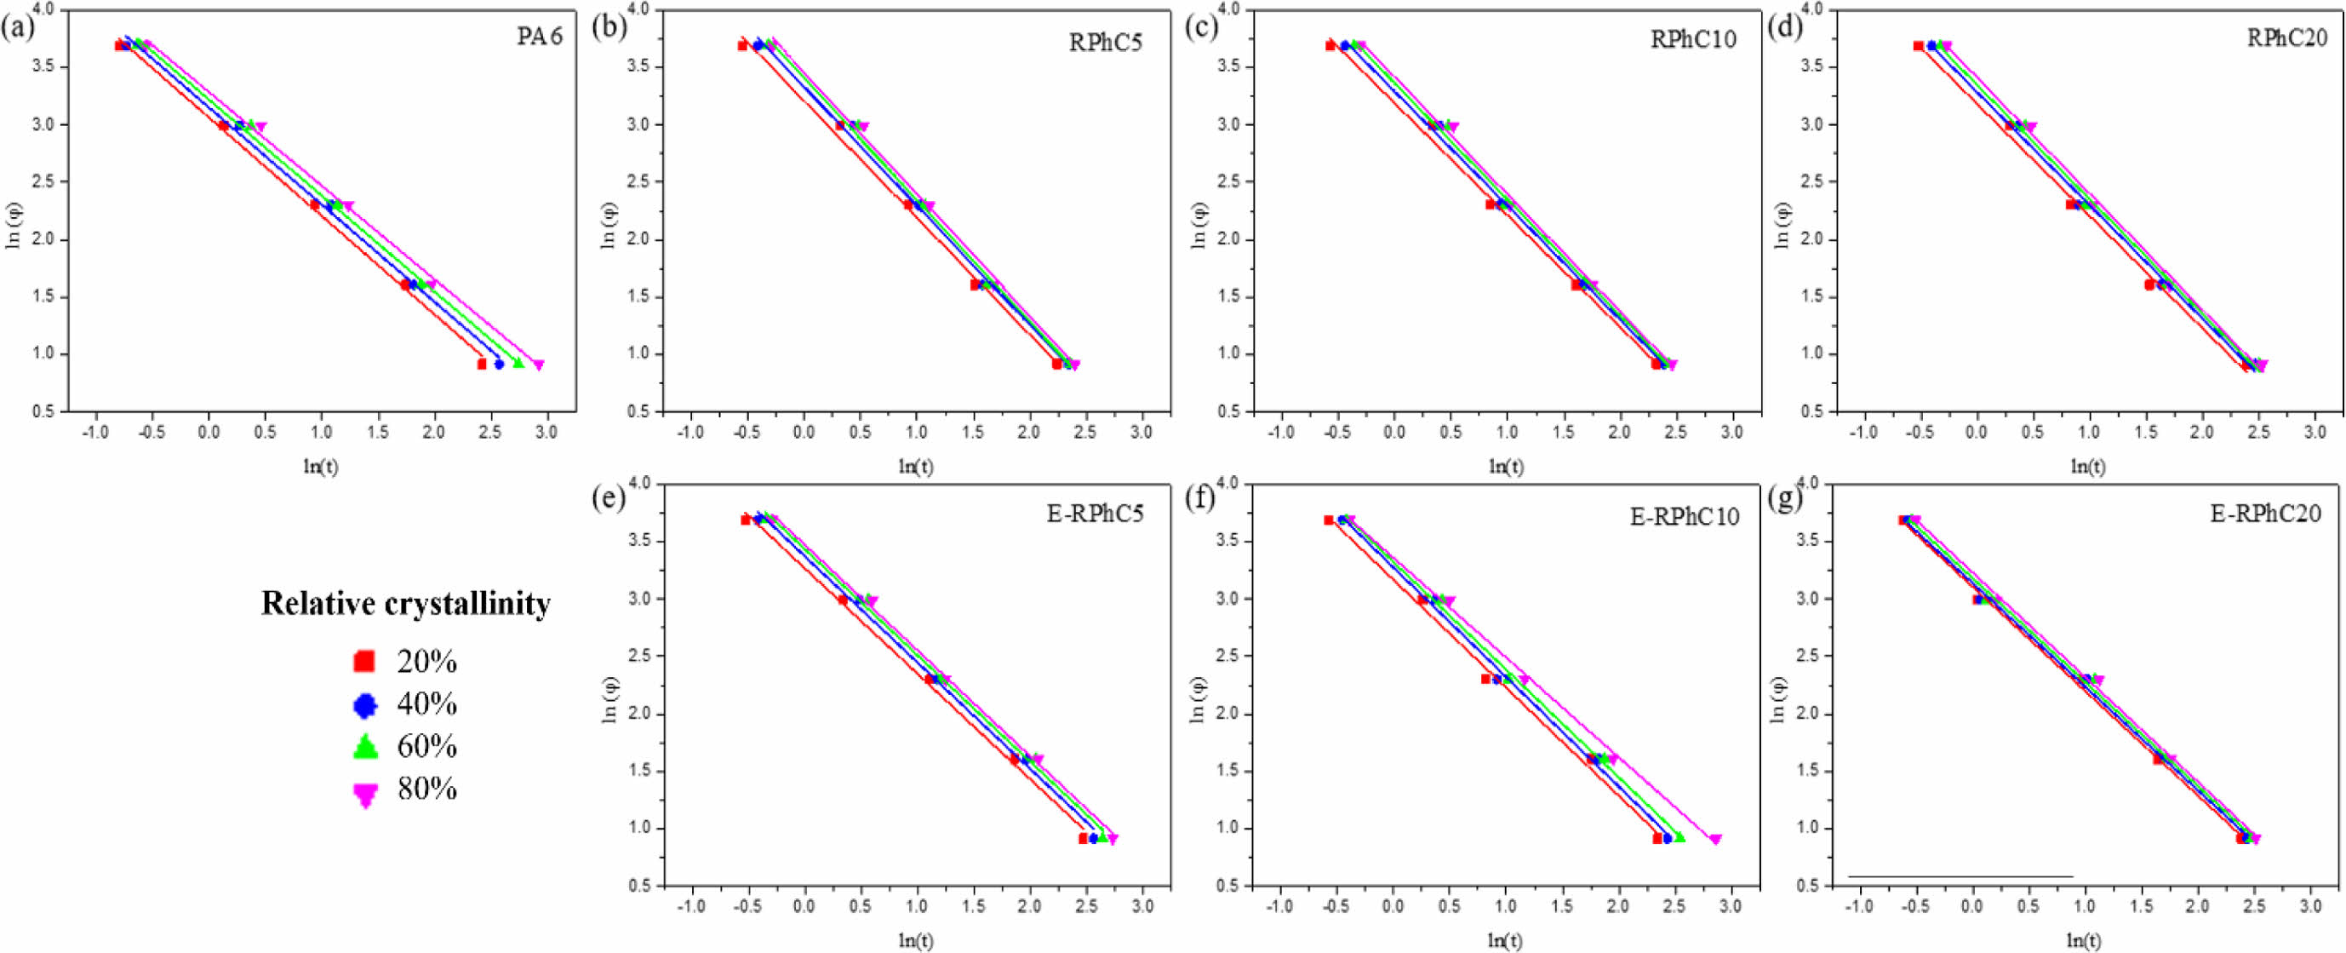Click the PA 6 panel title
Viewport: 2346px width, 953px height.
[x=539, y=37]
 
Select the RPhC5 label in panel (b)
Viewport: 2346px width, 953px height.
[x=1105, y=43]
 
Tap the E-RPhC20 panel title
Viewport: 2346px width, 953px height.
[x=2266, y=514]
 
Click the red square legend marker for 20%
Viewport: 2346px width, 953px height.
[x=364, y=662]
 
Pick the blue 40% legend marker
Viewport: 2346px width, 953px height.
[x=364, y=704]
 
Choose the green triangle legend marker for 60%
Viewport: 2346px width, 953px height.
[x=364, y=746]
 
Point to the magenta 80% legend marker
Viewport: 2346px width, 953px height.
[x=364, y=795]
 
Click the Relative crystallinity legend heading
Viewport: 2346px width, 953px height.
[x=406, y=604]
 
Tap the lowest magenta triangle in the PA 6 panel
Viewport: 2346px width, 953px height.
[x=538, y=365]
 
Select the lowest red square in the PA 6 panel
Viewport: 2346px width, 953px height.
[x=482, y=365]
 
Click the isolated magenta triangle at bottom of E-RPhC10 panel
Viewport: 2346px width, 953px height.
[x=1715, y=839]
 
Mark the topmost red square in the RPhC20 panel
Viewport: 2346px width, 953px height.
[x=1918, y=45]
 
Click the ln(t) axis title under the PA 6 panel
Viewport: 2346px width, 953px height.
[x=321, y=467]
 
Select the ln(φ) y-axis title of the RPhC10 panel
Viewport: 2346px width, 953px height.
[x=1199, y=226]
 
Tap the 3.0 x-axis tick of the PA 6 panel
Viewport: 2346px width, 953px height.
[x=546, y=432]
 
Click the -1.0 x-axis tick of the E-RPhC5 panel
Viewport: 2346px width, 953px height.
[x=691, y=906]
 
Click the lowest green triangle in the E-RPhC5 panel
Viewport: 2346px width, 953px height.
[x=1103, y=836]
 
